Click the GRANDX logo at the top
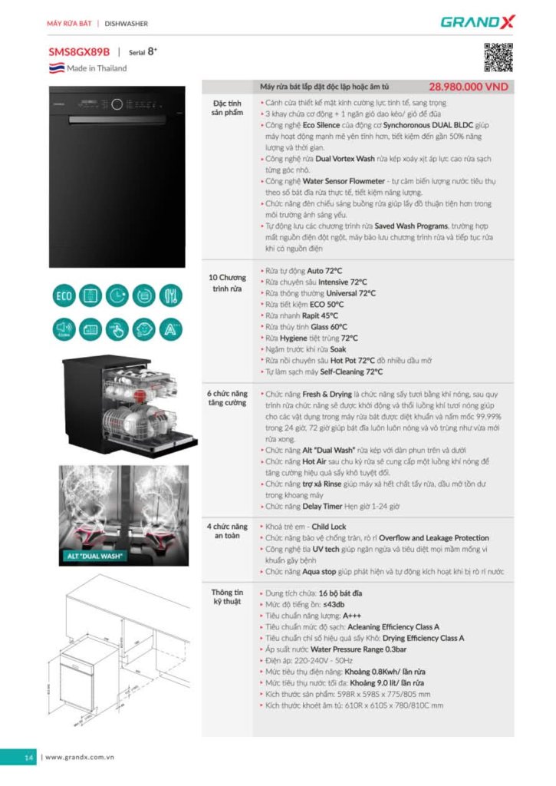tap(477, 21)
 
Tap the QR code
tap(498, 58)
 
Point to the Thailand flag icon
tap(56, 68)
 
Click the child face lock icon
tap(144, 329)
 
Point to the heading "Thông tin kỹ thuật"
tap(227, 596)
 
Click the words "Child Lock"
tap(328, 527)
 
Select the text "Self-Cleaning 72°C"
tap(351, 372)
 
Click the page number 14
tap(28, 758)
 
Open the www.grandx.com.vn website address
tap(80, 758)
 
